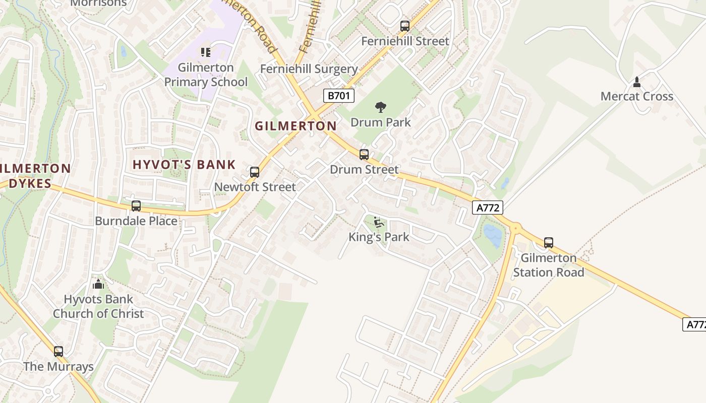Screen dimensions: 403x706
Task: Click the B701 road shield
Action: coord(339,96)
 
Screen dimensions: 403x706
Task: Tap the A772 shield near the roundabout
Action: coord(488,208)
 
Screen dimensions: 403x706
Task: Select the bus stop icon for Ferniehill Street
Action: coord(404,26)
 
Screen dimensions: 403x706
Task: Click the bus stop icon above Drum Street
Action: coord(364,155)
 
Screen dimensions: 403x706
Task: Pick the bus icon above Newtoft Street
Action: coord(255,172)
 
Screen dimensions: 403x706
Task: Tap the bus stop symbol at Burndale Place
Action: coord(136,206)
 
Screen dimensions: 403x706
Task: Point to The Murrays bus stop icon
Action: coord(58,352)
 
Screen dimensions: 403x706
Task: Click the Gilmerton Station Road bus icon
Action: coord(549,243)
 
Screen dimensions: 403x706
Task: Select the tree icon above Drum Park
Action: coord(380,107)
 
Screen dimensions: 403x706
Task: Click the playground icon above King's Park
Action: coord(379,222)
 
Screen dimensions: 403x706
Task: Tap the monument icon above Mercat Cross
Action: coord(636,82)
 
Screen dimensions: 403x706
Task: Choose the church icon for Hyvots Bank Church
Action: coord(98,284)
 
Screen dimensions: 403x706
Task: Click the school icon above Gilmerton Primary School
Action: coord(205,52)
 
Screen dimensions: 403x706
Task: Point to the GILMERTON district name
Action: coord(296,126)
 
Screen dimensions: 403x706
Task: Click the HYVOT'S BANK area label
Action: coord(184,164)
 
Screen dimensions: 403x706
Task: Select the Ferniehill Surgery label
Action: coord(309,69)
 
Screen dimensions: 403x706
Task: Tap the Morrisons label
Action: coord(98,3)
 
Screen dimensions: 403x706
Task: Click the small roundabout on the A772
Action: coord(515,229)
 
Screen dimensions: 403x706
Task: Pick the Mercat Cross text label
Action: coord(636,96)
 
